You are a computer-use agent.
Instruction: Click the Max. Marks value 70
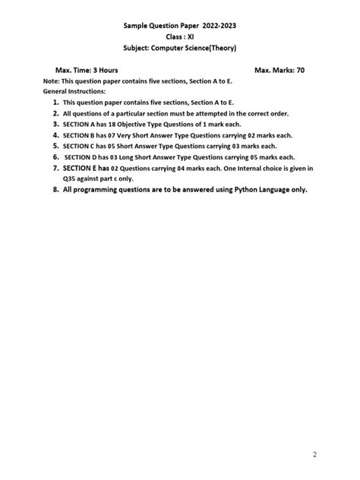(301, 70)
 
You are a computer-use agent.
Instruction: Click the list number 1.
(55, 101)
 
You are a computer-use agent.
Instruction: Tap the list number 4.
(55, 134)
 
